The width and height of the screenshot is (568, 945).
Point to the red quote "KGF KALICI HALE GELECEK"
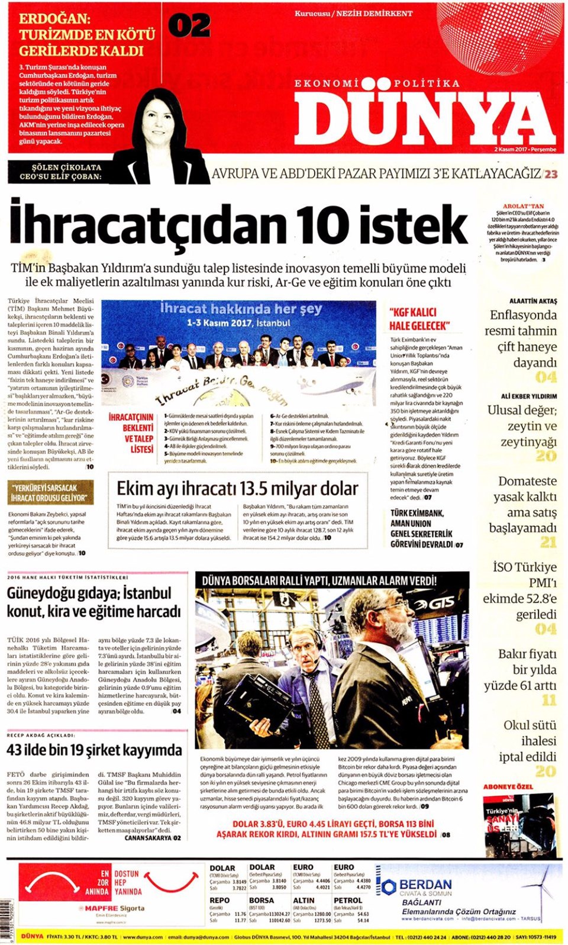tap(419, 319)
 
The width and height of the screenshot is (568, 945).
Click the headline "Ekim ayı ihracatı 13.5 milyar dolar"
tap(237, 489)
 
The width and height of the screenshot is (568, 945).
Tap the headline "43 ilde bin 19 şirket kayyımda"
tap(94, 750)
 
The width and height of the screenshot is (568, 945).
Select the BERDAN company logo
tap(417, 886)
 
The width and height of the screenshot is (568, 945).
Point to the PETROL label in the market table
tap(348, 900)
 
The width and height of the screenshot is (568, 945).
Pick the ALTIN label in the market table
tap(304, 900)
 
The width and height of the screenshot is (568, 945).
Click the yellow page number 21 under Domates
tap(548, 542)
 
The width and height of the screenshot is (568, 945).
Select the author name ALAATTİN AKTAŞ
tap(533, 301)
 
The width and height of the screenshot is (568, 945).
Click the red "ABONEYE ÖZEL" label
tap(508, 786)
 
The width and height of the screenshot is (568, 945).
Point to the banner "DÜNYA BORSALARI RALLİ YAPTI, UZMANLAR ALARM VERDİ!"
tap(319, 580)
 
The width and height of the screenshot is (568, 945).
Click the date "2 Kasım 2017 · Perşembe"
tap(525, 149)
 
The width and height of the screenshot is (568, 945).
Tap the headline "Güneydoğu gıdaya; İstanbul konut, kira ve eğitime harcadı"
tap(94, 602)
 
